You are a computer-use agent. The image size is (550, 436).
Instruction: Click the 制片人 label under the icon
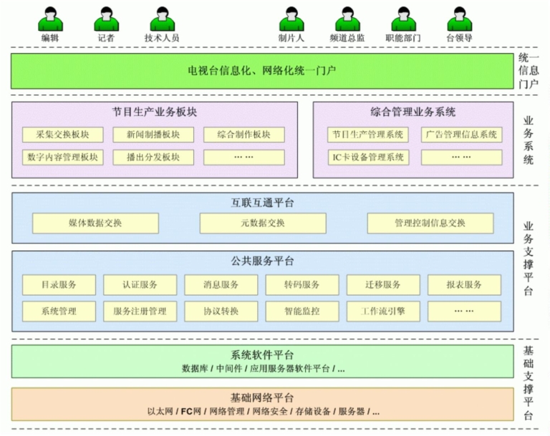tap(291, 38)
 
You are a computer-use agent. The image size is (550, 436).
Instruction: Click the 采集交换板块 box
tap(63, 135)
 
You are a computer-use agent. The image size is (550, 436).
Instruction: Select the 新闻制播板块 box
tap(153, 135)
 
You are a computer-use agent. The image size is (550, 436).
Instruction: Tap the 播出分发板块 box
tap(153, 158)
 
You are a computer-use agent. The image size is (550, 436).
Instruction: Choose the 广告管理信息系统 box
tap(461, 135)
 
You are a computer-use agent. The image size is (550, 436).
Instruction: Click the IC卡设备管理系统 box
tap(368, 158)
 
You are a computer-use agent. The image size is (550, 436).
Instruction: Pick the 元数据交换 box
tap(262, 223)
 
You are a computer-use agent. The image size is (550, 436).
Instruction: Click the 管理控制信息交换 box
tap(430, 223)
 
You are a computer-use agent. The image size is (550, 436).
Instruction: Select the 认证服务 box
tap(140, 285)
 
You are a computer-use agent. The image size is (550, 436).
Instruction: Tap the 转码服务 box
tap(301, 285)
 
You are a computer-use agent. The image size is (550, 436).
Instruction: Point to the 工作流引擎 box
tap(383, 311)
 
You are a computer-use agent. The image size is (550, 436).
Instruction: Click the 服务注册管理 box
tap(140, 311)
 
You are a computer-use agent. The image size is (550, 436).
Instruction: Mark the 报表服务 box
tap(464, 285)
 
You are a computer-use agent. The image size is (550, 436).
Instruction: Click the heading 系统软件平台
tap(262, 355)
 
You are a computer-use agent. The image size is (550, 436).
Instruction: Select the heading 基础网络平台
tap(262, 398)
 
